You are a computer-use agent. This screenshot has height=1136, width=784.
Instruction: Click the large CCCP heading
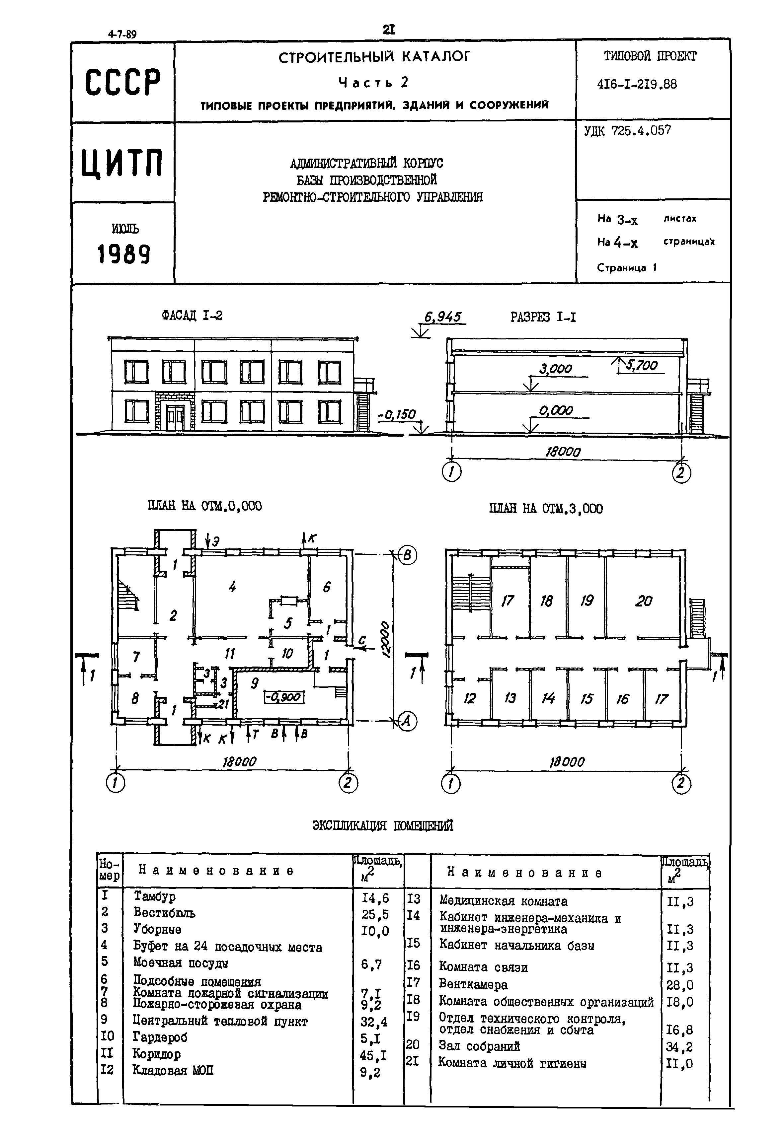coord(122,82)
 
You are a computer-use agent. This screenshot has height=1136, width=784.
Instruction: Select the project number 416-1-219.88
coord(637,85)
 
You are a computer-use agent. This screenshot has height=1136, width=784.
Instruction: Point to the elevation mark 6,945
coord(442,318)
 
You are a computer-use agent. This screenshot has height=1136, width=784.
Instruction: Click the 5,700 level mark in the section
coord(642,365)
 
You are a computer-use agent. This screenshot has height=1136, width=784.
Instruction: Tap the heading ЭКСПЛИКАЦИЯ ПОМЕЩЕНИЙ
coord(383,826)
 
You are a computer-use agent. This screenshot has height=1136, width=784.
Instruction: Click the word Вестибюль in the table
coord(164,913)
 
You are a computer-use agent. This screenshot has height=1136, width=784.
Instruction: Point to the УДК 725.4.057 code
coord(627,131)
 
